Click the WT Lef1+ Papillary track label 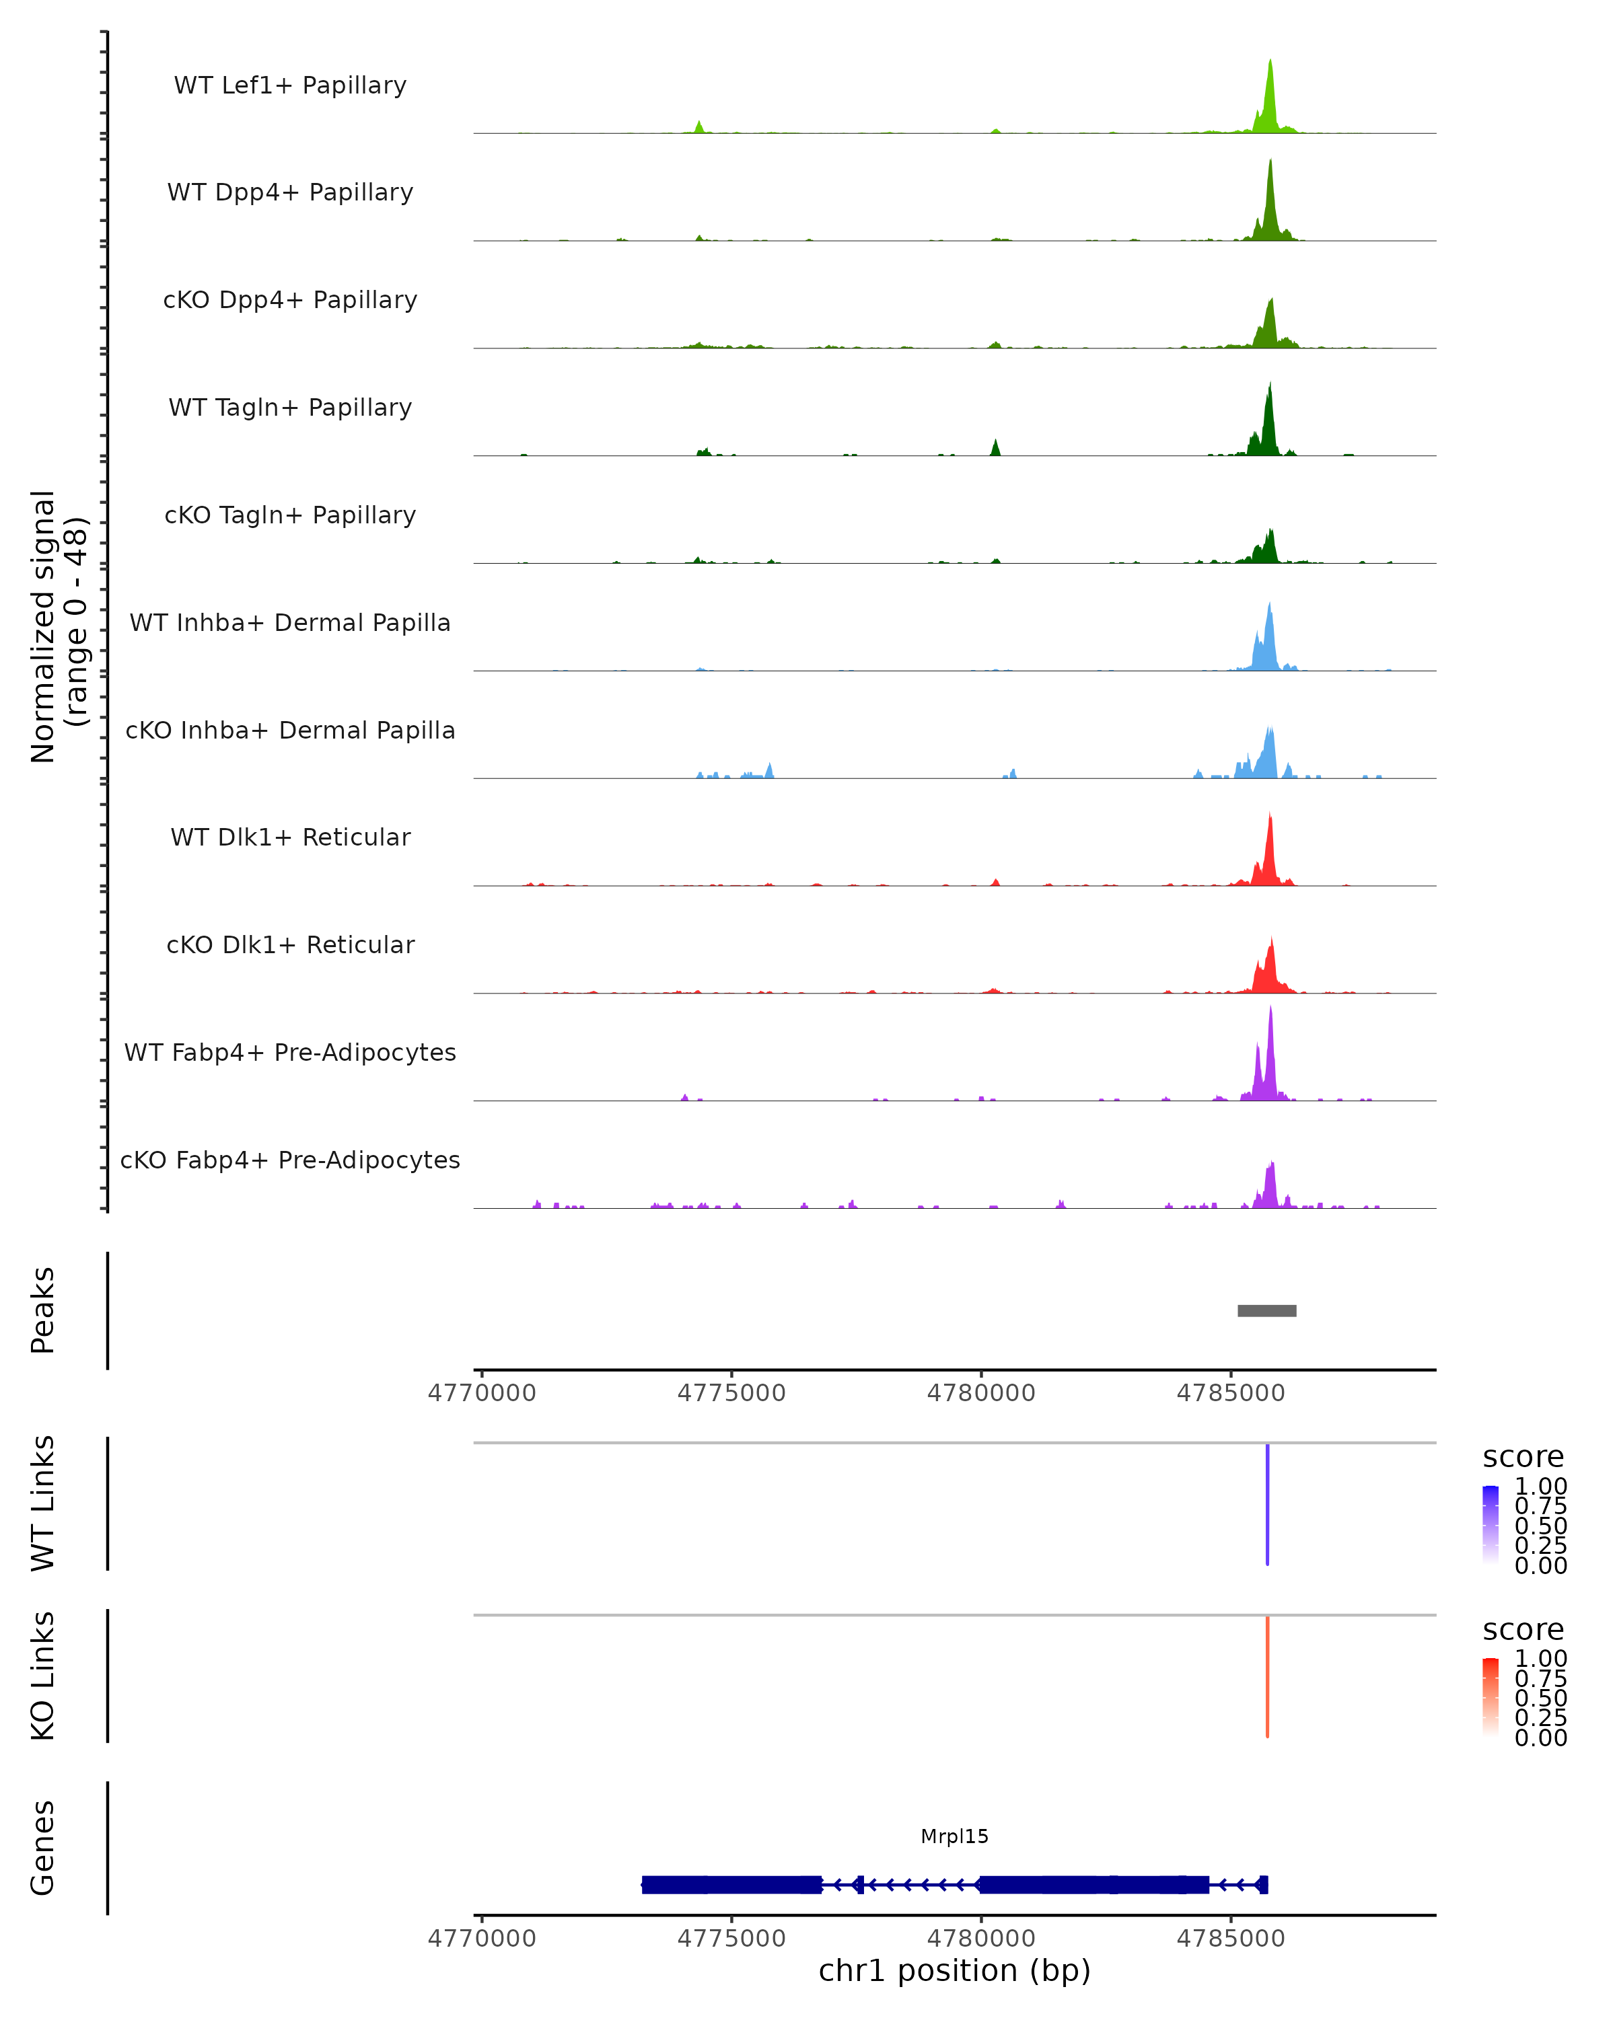290,85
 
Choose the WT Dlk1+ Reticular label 290,837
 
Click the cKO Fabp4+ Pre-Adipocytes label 290,1160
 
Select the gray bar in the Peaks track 1266,1310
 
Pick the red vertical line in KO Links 1268,1676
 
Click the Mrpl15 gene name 954,1836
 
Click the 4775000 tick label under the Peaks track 731,1393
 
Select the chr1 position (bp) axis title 954,1971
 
